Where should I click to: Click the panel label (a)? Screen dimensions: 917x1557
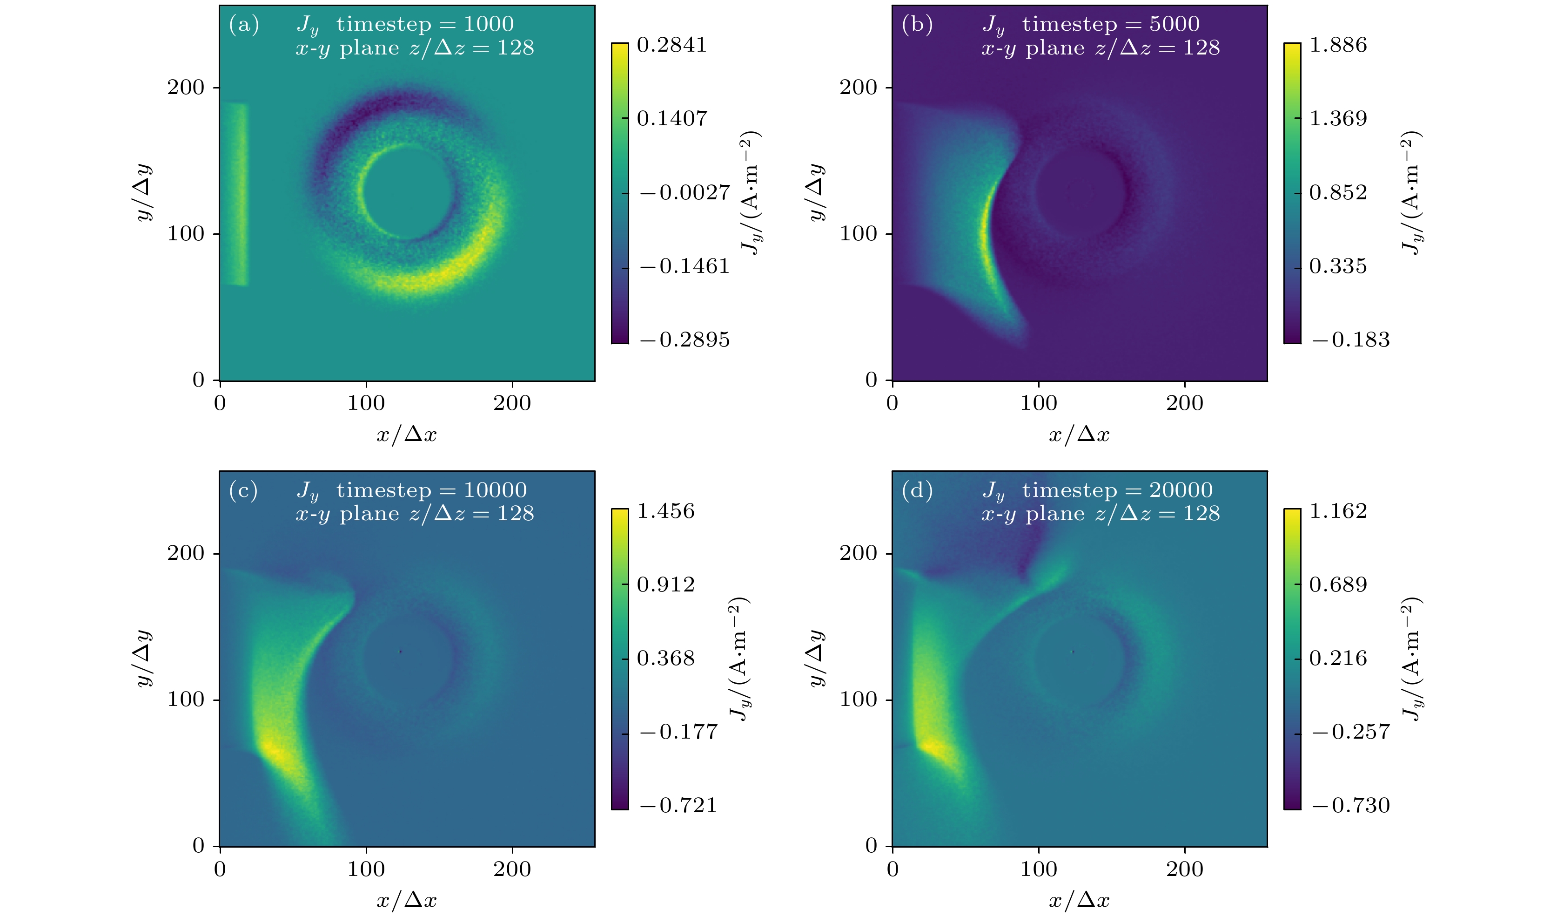[x=243, y=25]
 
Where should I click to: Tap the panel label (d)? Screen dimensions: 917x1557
[x=917, y=490]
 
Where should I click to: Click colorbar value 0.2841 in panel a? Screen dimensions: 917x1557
[x=671, y=45]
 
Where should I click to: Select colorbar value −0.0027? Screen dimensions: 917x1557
[x=684, y=193]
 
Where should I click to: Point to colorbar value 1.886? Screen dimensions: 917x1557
[x=1338, y=45]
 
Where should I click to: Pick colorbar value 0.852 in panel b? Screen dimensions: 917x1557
[x=1338, y=193]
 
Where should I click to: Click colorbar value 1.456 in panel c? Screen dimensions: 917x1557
[x=665, y=511]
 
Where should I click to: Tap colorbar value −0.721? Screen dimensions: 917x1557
[x=678, y=806]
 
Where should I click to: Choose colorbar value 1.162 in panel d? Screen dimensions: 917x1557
[x=1338, y=511]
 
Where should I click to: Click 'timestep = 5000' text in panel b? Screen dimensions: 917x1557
[x=1110, y=24]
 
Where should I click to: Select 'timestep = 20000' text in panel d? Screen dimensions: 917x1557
[x=1117, y=490]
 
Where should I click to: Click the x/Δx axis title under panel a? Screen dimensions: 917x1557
[x=407, y=435]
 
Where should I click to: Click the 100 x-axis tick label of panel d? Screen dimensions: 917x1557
[x=1038, y=869]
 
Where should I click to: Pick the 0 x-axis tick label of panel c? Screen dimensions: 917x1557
[x=220, y=869]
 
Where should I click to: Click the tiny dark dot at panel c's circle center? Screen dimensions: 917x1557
[x=400, y=652]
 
